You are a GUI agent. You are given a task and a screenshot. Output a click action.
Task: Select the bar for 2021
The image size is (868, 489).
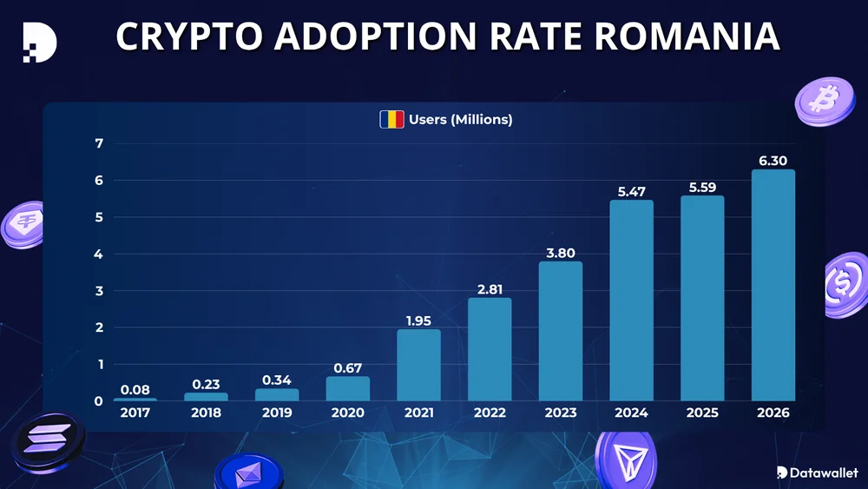tap(418, 365)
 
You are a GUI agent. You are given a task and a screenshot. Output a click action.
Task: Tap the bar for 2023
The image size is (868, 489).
tap(560, 331)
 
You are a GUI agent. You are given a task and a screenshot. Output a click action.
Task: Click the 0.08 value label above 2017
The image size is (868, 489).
tap(135, 388)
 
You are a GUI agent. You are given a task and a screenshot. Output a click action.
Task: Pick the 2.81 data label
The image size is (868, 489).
tap(490, 288)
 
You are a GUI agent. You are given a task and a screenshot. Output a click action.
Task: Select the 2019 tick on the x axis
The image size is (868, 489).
tap(277, 413)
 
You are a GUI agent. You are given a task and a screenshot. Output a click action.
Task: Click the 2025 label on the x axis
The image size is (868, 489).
tap(701, 413)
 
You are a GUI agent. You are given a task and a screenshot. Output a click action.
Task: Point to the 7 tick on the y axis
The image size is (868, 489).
tap(99, 144)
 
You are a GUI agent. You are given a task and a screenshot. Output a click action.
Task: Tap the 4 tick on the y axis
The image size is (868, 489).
tap(99, 254)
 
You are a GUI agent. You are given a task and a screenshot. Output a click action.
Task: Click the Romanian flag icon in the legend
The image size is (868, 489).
tap(391, 119)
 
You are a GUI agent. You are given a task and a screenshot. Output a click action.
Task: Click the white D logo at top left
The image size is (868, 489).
tap(39, 39)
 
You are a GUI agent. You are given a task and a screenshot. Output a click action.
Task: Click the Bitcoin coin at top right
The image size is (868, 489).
tap(819, 100)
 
